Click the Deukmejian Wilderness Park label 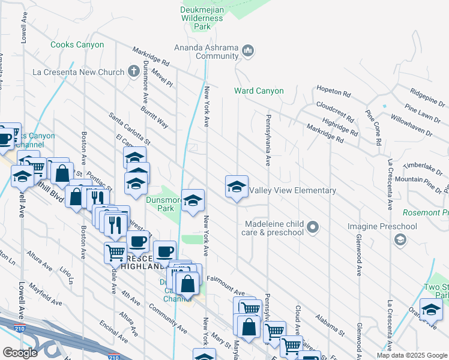point(202,18)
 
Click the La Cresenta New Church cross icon point(136,72)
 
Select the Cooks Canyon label point(77,45)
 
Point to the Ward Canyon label point(259,91)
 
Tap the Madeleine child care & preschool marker point(312,227)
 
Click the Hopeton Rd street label point(333,94)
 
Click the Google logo point(20,353)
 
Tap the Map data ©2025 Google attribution point(412,355)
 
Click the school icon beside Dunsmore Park point(192,202)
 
